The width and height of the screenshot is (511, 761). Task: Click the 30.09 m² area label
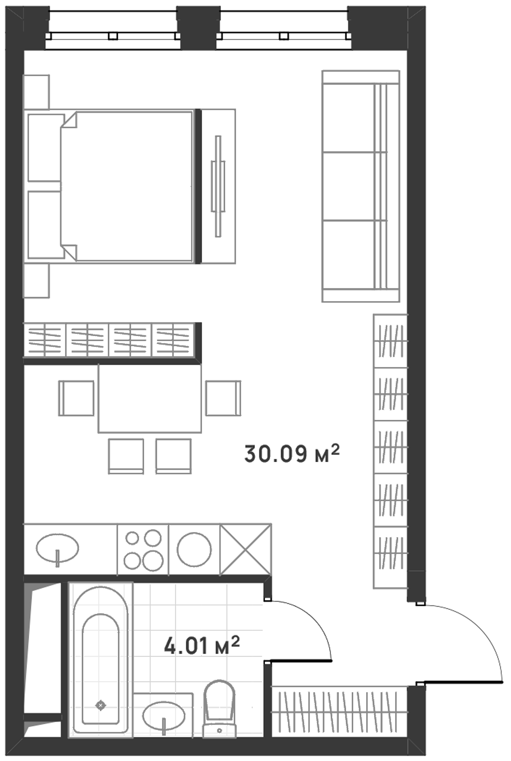point(292,454)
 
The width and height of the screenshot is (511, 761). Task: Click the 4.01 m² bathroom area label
point(202,645)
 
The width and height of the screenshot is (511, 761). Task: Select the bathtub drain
point(100,705)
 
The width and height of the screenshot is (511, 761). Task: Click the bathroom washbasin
point(164,716)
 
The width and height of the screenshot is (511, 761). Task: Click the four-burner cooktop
point(143,550)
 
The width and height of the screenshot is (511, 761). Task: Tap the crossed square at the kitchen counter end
point(245,550)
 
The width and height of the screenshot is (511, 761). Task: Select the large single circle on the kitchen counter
point(194,550)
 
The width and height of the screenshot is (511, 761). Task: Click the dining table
point(150,398)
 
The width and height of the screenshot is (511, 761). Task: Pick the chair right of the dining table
point(223,398)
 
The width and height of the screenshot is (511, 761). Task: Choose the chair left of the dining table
point(76,398)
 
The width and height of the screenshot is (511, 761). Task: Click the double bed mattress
point(127,186)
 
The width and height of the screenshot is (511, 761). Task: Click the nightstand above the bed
point(36,92)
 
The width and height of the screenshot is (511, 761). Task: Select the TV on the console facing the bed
point(218,186)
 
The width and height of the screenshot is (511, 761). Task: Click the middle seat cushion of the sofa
point(349,186)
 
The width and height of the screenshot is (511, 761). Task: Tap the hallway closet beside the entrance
point(339,712)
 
